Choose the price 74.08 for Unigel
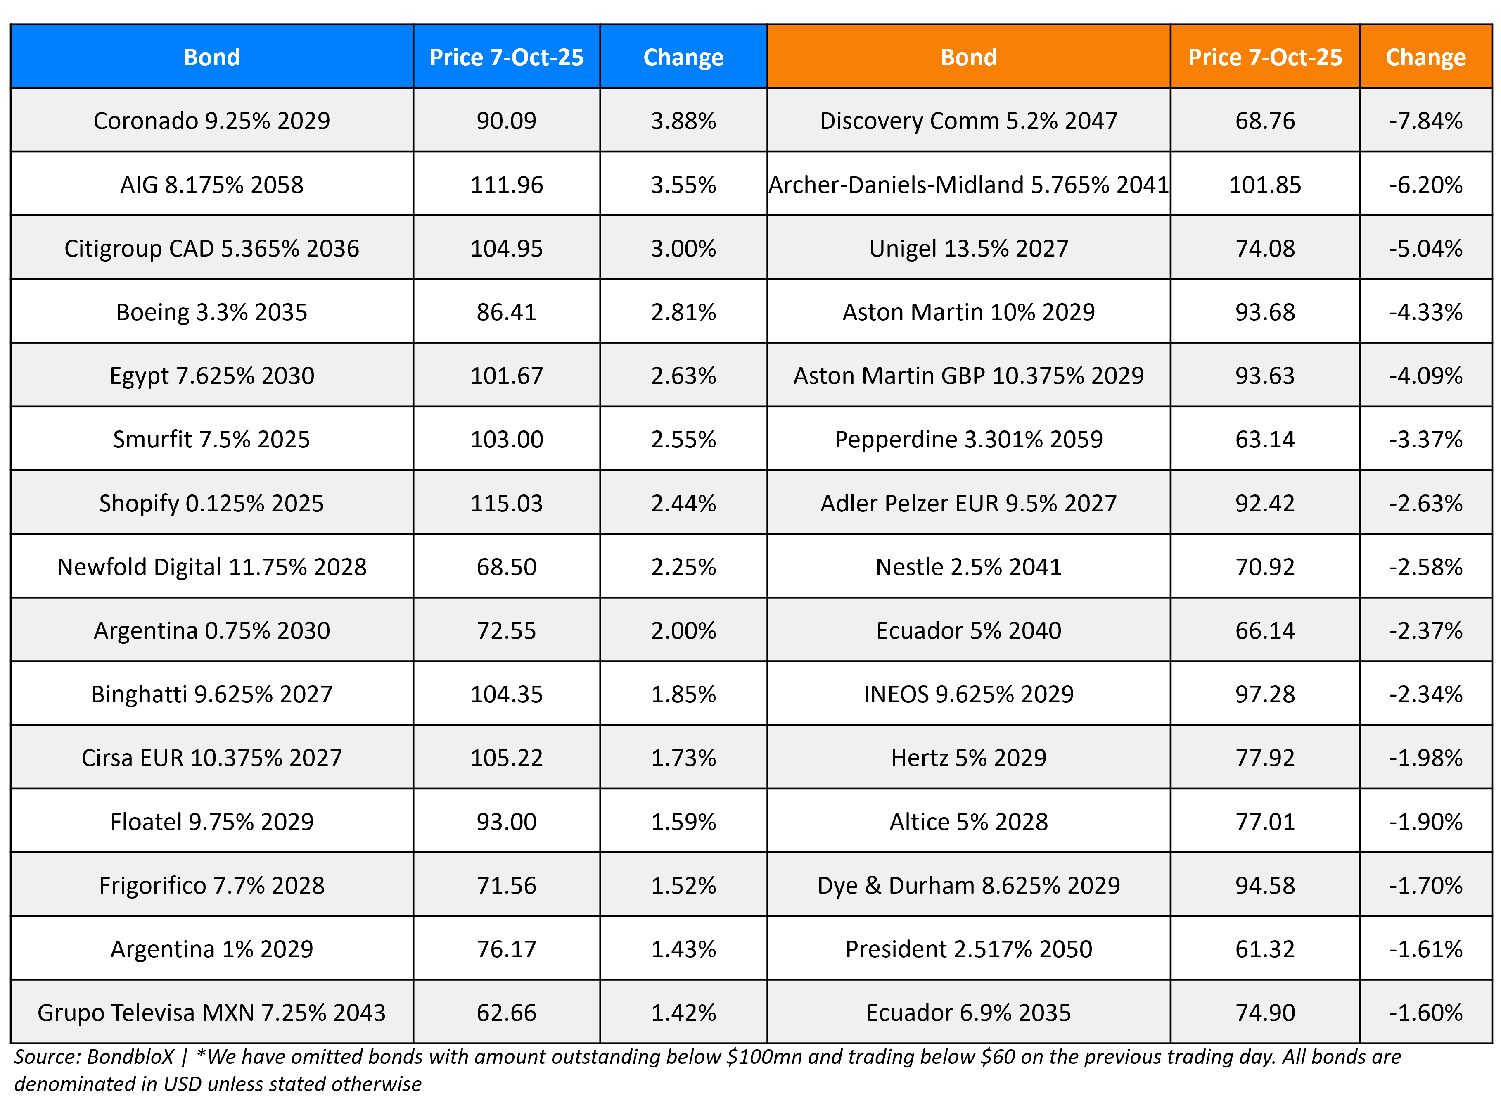point(1264,248)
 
